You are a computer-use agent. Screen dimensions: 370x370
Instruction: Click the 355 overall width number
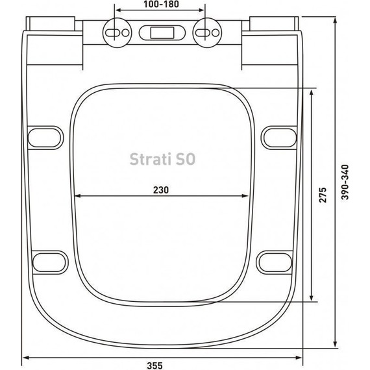(161, 365)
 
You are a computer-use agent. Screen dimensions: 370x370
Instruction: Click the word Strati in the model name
(148, 158)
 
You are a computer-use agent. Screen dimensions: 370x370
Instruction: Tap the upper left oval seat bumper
(47, 135)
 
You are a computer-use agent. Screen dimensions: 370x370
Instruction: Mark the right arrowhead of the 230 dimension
(249, 197)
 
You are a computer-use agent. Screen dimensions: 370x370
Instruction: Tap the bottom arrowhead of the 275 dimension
(312, 300)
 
